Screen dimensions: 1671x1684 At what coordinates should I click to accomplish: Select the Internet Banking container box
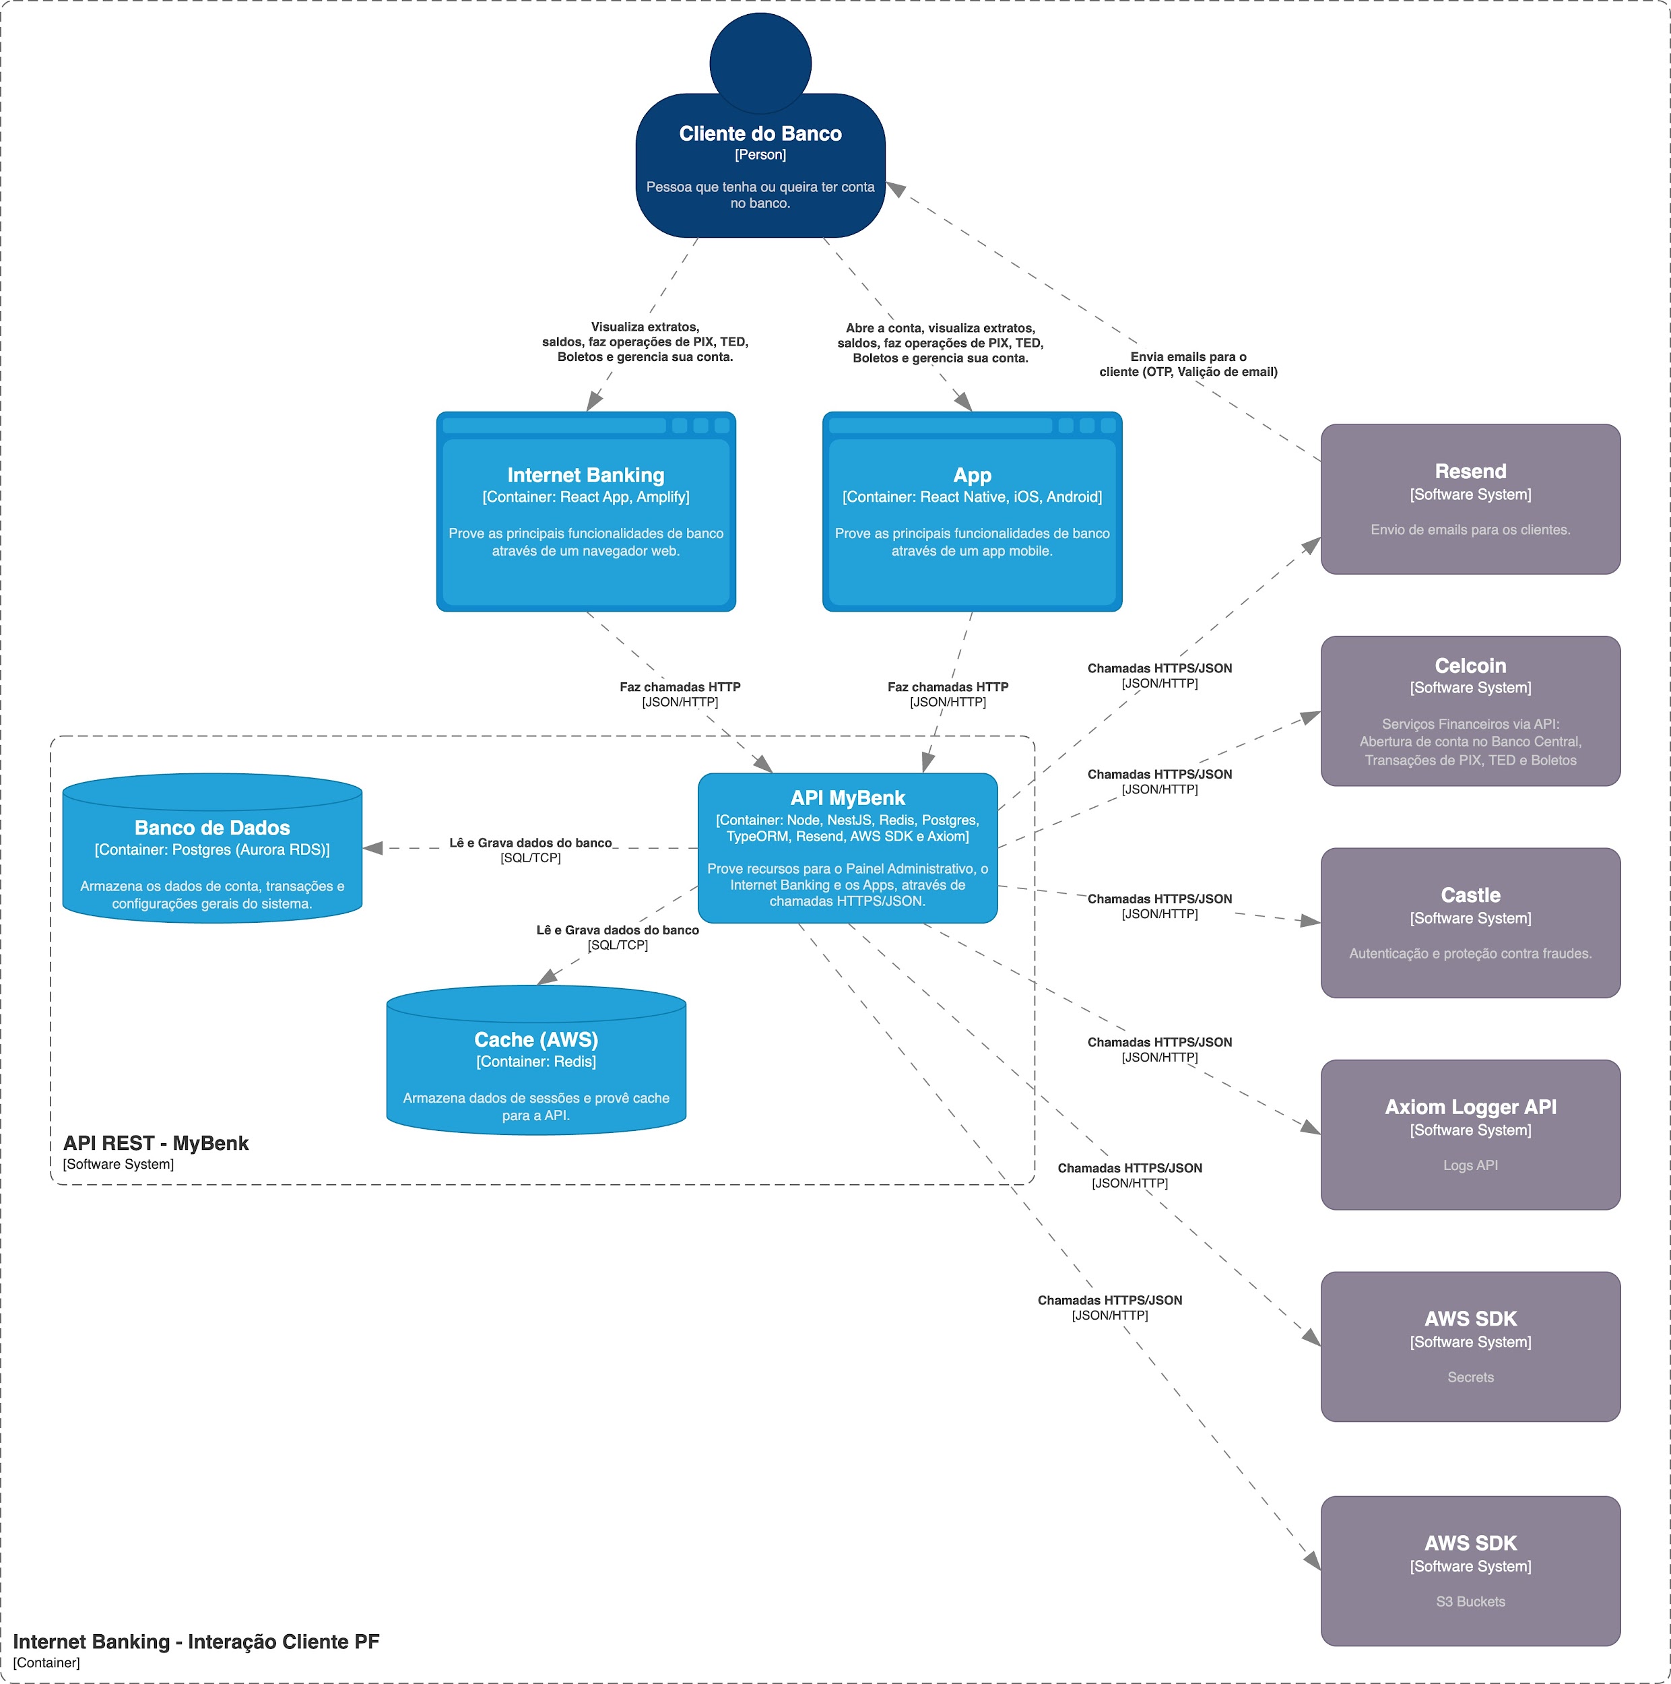tap(586, 512)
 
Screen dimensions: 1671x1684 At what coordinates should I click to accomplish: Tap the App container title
tap(972, 475)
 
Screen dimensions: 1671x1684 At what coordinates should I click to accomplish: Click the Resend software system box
tap(1470, 499)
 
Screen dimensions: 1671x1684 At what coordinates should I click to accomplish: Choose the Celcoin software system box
tap(1470, 711)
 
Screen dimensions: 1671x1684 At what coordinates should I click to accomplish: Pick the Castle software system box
tap(1470, 923)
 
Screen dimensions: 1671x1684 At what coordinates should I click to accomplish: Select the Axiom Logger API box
tap(1470, 1135)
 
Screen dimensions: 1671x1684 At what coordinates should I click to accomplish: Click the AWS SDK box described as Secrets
tap(1470, 1347)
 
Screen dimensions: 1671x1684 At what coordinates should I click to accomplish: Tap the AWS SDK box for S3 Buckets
tap(1470, 1571)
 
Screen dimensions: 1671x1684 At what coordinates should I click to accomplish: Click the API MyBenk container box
tap(847, 848)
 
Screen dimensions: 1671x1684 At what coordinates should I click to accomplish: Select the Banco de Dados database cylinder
tap(211, 848)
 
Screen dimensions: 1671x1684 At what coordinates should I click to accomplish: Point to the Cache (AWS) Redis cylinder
tap(536, 1060)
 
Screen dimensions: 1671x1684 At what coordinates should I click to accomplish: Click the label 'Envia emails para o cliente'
tap(1188, 364)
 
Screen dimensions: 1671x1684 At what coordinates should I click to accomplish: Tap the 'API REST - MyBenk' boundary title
tap(156, 1142)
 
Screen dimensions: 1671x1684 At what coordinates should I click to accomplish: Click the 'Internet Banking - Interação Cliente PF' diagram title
tap(196, 1642)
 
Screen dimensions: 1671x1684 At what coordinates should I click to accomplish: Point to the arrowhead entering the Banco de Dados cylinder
tap(373, 848)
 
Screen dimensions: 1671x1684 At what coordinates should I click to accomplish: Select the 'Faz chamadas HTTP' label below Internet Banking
tap(680, 687)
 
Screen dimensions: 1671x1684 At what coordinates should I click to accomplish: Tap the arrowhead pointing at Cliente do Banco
tap(895, 189)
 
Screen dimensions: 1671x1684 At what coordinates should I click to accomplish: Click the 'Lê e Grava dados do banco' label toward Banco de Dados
tap(530, 843)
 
